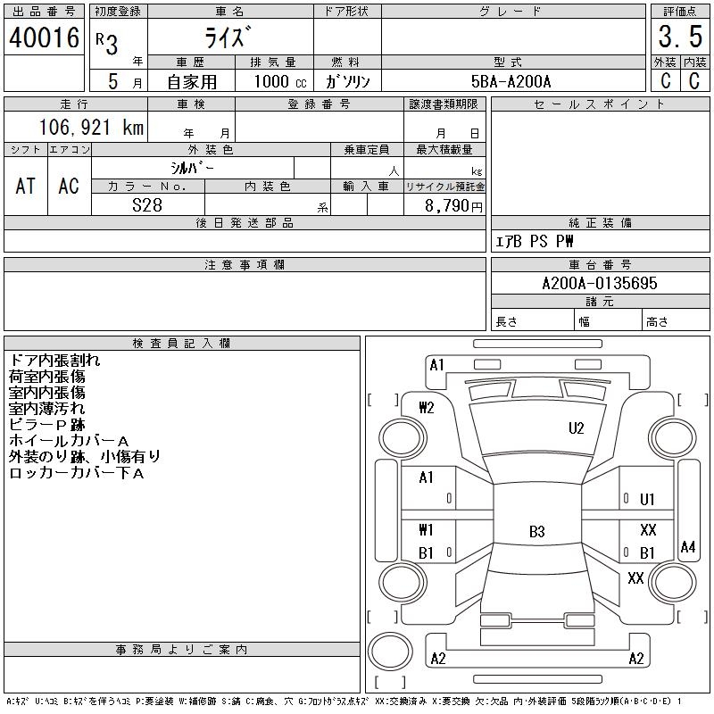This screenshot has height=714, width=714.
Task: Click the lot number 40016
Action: [x=44, y=37]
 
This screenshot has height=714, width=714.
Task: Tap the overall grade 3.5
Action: [x=680, y=37]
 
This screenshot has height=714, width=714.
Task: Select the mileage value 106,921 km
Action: [x=91, y=127]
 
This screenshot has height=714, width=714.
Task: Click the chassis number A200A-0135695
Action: [x=600, y=283]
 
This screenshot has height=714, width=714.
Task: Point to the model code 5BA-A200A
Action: [x=511, y=81]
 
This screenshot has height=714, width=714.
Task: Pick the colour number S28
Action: [x=147, y=205]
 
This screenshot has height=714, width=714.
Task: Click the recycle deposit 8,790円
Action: [x=453, y=206]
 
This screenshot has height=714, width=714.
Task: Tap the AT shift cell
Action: [x=26, y=186]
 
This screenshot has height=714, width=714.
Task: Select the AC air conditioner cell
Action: [x=69, y=186]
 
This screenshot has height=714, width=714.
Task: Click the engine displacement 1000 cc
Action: [x=280, y=81]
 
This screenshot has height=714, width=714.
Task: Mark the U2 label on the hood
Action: [x=576, y=428]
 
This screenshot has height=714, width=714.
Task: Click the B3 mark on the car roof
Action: [x=537, y=531]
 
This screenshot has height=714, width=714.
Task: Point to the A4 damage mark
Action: [x=687, y=546]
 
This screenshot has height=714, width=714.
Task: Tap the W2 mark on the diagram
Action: [x=427, y=408]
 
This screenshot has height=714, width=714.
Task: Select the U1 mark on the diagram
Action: [x=647, y=500]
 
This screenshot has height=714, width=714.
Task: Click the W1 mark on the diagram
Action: [x=426, y=530]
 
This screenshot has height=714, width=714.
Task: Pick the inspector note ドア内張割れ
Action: [x=54, y=361]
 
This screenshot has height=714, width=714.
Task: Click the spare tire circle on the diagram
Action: [x=390, y=652]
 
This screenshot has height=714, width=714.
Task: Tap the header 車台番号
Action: [x=600, y=264]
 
